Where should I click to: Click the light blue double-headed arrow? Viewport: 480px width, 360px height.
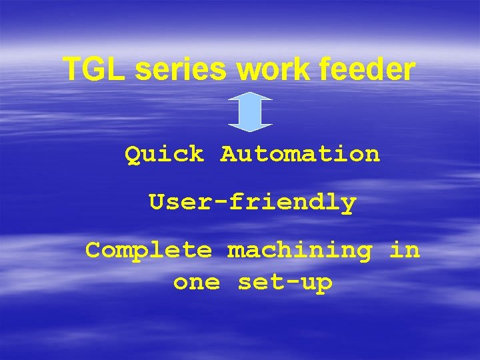pos(250,111)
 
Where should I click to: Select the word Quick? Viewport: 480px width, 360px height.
pos(164,155)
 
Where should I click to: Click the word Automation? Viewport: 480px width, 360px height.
pos(300,155)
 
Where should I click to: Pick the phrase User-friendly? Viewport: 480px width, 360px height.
pos(253,202)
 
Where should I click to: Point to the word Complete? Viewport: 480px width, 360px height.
pos(149,251)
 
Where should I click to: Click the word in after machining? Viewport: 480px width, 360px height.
pos(405,251)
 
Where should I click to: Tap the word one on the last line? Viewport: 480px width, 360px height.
pos(196,283)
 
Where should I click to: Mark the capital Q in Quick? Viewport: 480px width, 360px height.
pos(133,155)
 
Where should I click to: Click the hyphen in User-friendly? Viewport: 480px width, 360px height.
pos(221,203)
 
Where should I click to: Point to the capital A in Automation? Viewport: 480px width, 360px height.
pos(229,155)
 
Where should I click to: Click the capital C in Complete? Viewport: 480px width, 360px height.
pos(93,251)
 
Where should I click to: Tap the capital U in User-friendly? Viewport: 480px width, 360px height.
pos(157,201)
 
